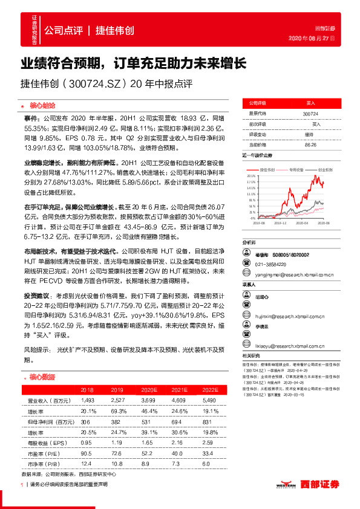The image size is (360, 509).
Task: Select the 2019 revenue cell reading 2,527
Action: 116,400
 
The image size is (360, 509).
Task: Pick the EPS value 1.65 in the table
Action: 145,443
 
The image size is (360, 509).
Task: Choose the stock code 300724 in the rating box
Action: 310,113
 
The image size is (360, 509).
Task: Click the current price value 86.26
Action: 310,145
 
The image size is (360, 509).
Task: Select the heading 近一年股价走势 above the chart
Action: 261,156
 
